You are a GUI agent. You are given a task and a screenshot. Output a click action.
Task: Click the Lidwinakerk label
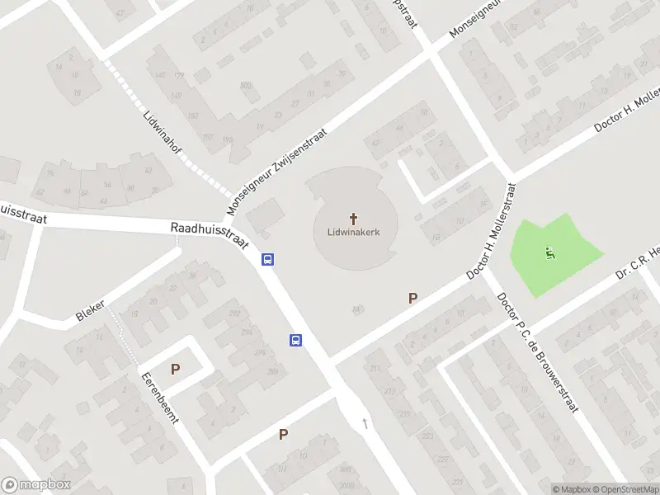click(x=355, y=233)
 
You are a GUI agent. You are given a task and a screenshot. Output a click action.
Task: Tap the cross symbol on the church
click(x=355, y=219)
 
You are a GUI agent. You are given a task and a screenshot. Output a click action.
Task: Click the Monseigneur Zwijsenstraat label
click(x=277, y=170)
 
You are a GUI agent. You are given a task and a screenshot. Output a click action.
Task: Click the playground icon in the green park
click(x=550, y=253)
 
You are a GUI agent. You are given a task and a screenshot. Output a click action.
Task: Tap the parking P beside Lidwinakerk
click(x=412, y=299)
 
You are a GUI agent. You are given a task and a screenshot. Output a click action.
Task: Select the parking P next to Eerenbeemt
click(x=175, y=370)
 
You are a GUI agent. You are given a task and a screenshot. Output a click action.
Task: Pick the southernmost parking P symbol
click(x=283, y=435)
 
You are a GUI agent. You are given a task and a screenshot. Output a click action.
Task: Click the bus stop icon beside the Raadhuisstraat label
click(x=267, y=259)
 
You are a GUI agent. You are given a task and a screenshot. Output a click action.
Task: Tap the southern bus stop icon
click(x=295, y=340)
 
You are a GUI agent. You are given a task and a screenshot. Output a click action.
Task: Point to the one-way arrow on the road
click(x=365, y=424)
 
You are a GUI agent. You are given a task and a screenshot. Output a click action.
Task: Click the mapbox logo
click(x=35, y=485)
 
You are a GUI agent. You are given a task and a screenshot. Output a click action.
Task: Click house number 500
click(x=245, y=86)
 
